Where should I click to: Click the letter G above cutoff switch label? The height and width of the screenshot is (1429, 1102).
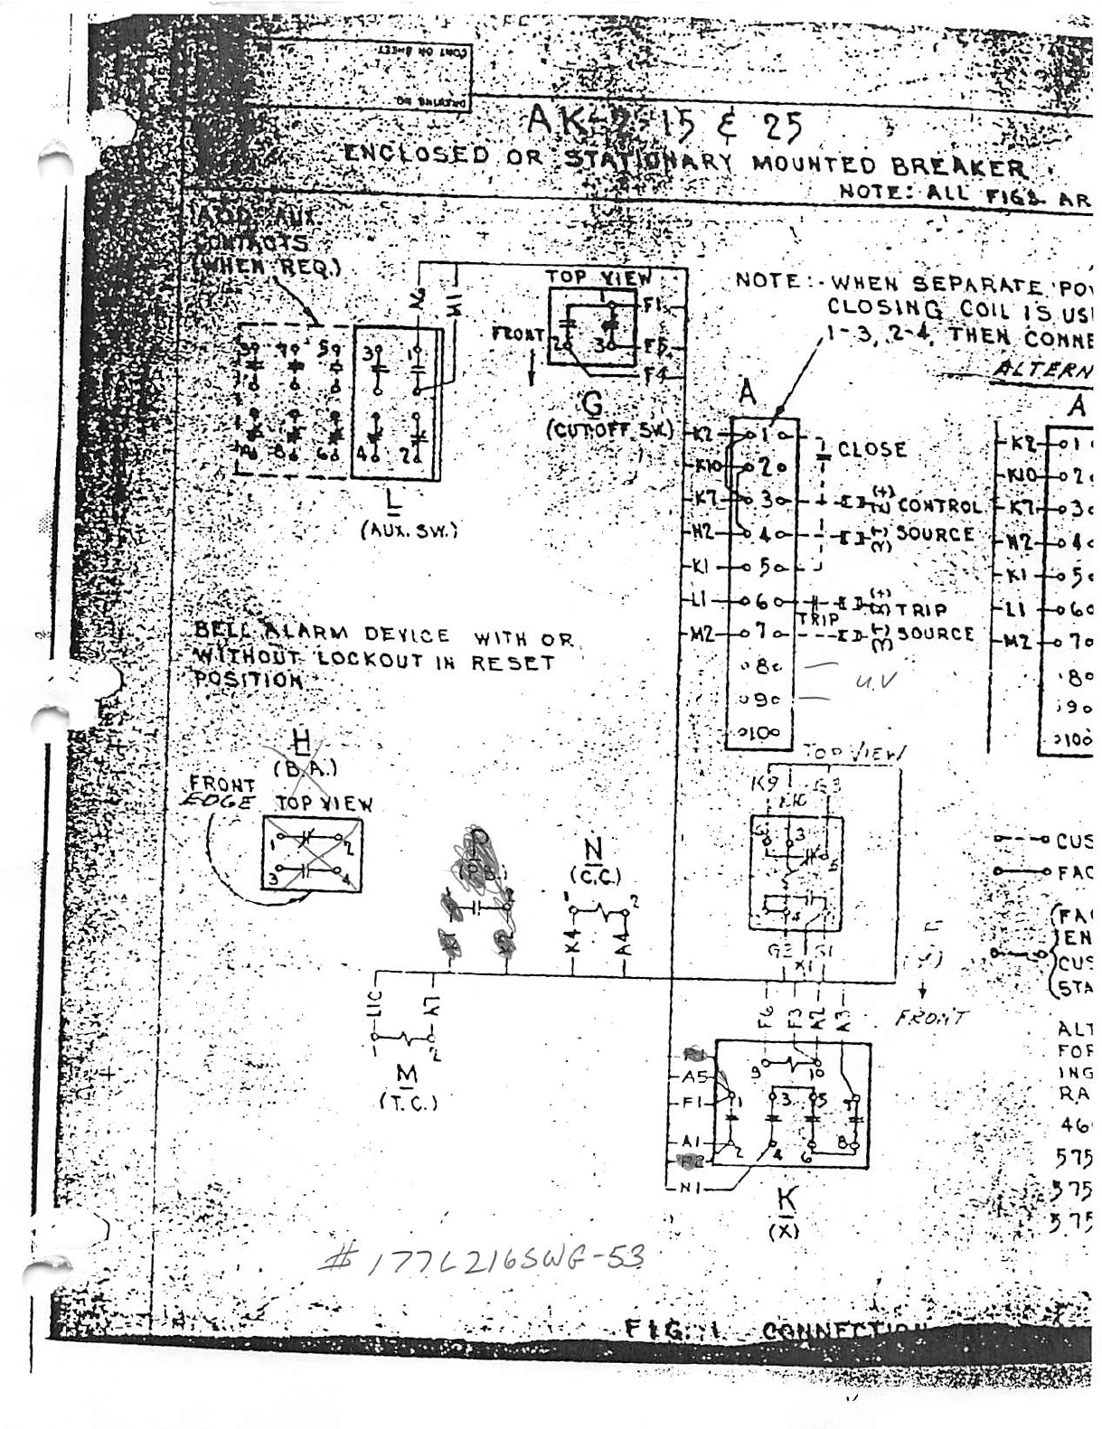pyautogui.click(x=592, y=404)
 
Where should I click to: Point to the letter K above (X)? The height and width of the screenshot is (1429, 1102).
pyautogui.click(x=787, y=1199)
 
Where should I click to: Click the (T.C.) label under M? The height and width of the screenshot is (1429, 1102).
pyautogui.click(x=408, y=1102)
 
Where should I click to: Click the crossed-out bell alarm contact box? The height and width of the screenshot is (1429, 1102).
pyautogui.click(x=311, y=853)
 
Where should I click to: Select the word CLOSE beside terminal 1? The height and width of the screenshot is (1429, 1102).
pyautogui.click(x=871, y=448)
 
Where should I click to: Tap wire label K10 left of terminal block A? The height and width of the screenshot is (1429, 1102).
pyautogui.click(x=709, y=466)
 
